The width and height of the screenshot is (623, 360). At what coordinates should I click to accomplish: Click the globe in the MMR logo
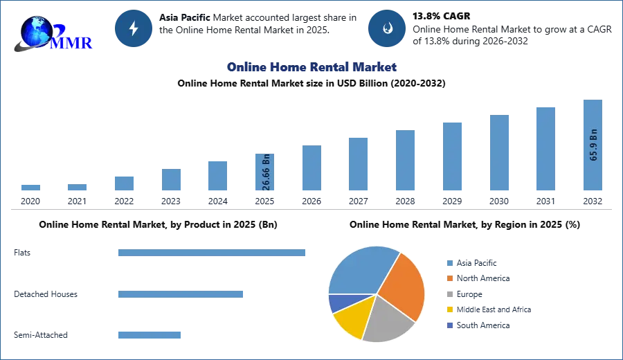37,31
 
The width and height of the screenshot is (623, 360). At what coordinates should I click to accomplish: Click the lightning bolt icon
134,28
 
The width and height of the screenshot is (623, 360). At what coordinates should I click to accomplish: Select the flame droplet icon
387,28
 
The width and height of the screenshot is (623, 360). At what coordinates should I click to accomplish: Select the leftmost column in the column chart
30,188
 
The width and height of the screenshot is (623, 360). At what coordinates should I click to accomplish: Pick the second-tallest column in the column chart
545,149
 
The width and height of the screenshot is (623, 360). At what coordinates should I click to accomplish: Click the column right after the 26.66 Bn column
310,168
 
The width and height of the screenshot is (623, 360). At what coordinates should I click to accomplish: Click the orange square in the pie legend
449,278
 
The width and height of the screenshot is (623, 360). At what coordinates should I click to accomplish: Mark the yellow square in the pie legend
449,310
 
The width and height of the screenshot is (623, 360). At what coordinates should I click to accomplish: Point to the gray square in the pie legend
449,294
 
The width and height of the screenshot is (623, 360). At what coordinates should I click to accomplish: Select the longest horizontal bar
213,255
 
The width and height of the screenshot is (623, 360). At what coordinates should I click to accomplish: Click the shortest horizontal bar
149,335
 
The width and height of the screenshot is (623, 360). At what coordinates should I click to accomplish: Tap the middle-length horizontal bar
180,294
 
